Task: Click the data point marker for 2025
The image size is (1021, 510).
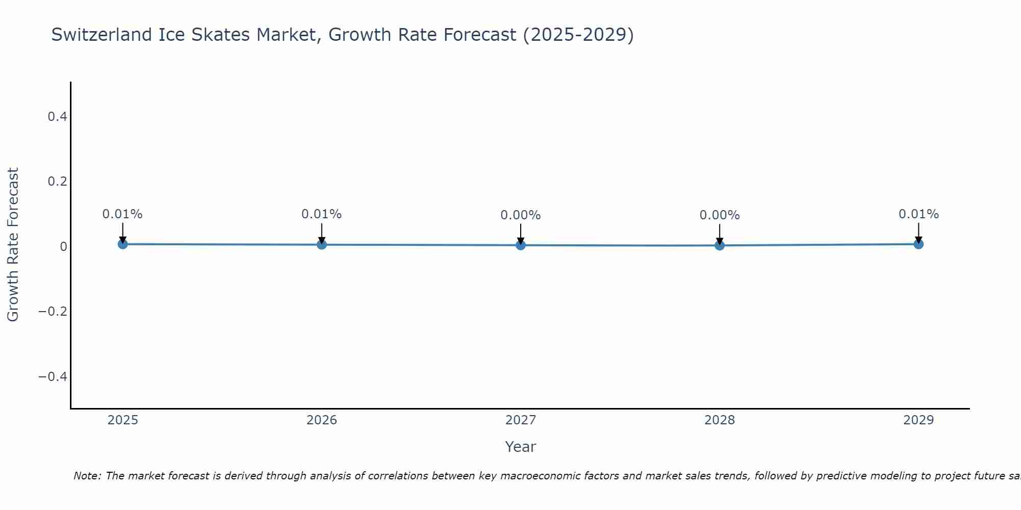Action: pos(123,244)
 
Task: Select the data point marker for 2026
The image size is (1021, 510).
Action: pos(322,245)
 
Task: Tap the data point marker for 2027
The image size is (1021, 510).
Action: pos(521,245)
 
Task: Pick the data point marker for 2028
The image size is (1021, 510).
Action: pos(719,245)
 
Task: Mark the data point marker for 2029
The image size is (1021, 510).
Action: pos(918,244)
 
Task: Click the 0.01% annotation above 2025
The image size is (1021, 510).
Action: pos(123,214)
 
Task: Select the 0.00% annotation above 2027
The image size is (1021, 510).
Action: pos(521,215)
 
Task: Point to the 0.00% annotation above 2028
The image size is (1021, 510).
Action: pos(719,215)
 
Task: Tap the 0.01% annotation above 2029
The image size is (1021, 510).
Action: pos(918,214)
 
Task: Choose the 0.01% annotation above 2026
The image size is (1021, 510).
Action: pos(322,214)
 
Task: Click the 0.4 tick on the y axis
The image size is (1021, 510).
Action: pos(57,117)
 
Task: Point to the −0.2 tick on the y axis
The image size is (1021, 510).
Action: pos(53,312)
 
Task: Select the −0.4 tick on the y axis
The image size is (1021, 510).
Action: pos(53,376)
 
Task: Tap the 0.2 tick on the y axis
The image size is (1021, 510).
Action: pos(57,182)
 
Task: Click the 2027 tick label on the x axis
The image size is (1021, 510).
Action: pos(521,420)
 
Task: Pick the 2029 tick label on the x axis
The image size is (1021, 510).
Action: pos(918,420)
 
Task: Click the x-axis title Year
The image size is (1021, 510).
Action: pos(521,447)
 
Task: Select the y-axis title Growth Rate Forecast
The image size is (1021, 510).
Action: pos(13,245)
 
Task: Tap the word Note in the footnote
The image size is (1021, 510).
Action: pos(87,476)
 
